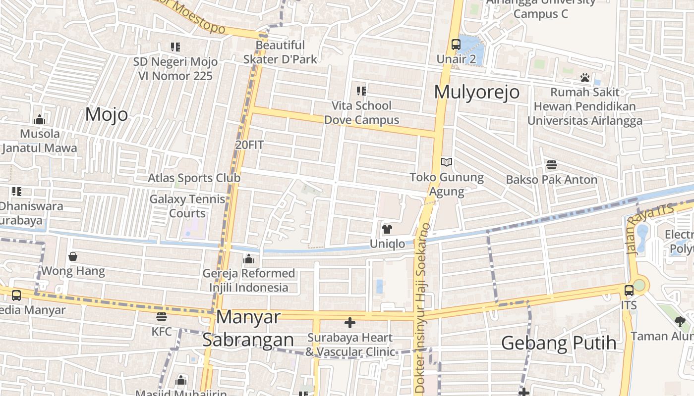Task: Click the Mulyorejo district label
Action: pyautogui.click(x=477, y=92)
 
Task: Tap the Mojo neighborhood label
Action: pyautogui.click(x=107, y=114)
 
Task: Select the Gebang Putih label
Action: pyautogui.click(x=559, y=343)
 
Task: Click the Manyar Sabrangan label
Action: pyautogui.click(x=248, y=328)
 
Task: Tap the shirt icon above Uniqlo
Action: pyautogui.click(x=387, y=229)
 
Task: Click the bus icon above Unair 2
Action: pyautogui.click(x=456, y=45)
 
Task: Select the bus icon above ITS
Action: pyautogui.click(x=629, y=291)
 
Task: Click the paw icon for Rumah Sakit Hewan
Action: pyautogui.click(x=585, y=78)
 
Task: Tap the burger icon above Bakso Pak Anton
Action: pyautogui.click(x=551, y=165)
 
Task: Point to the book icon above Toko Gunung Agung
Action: pyautogui.click(x=447, y=162)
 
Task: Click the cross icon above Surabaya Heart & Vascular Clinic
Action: pyautogui.click(x=350, y=323)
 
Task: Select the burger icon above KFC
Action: pyautogui.click(x=161, y=317)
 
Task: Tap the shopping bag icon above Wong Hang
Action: pyautogui.click(x=73, y=256)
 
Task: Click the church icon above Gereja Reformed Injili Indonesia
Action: pyautogui.click(x=249, y=259)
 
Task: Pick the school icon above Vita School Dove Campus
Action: pyautogui.click(x=361, y=91)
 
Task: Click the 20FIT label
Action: pyautogui.click(x=249, y=145)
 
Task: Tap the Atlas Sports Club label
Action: pyautogui.click(x=194, y=178)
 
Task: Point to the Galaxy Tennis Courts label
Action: pyautogui.click(x=187, y=206)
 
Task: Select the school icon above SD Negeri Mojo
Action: pyautogui.click(x=175, y=47)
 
